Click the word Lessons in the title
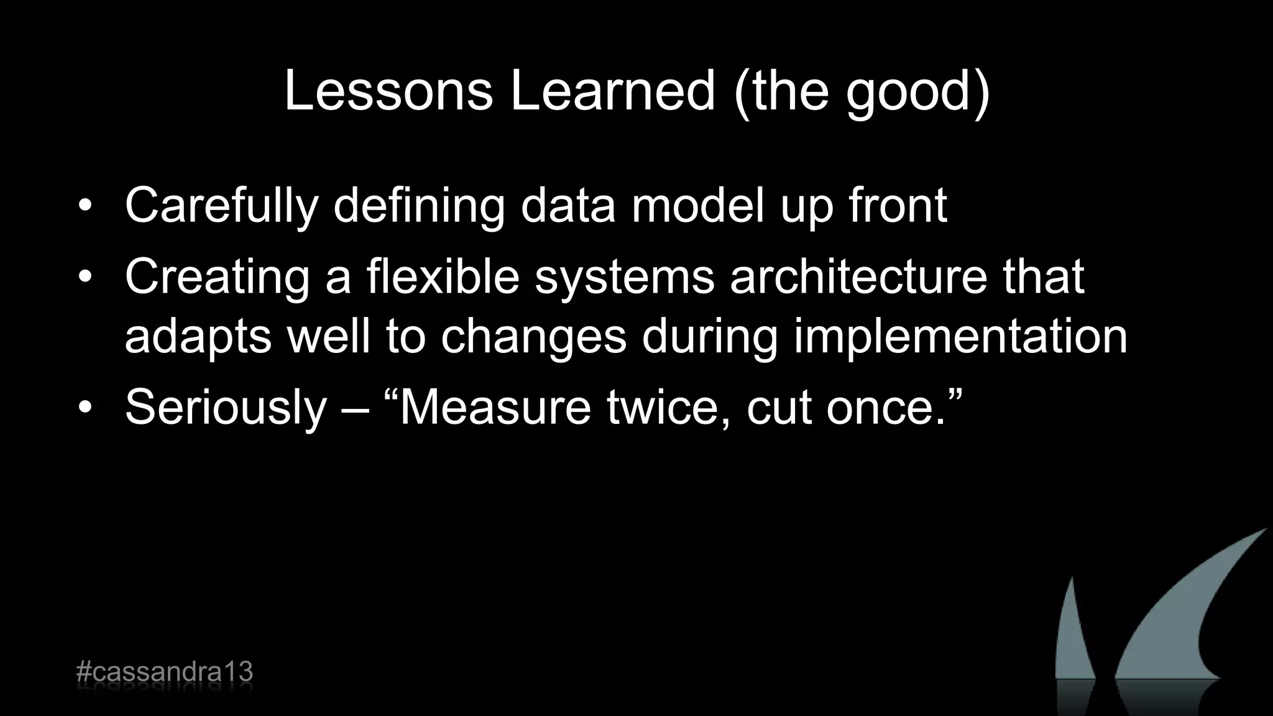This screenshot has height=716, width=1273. (388, 91)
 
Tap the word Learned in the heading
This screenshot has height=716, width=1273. (612, 91)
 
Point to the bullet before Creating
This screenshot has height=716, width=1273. (85, 277)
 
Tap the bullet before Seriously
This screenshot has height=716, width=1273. (85, 407)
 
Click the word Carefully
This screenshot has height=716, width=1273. (221, 206)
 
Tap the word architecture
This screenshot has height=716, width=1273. (858, 276)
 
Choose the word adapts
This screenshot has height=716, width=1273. (198, 337)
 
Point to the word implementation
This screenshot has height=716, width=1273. (960, 337)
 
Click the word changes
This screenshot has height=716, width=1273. (534, 337)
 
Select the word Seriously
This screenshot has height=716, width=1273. (226, 408)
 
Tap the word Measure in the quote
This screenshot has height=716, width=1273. (494, 407)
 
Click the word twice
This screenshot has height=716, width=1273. (668, 407)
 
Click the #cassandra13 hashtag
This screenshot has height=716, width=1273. (164, 672)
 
